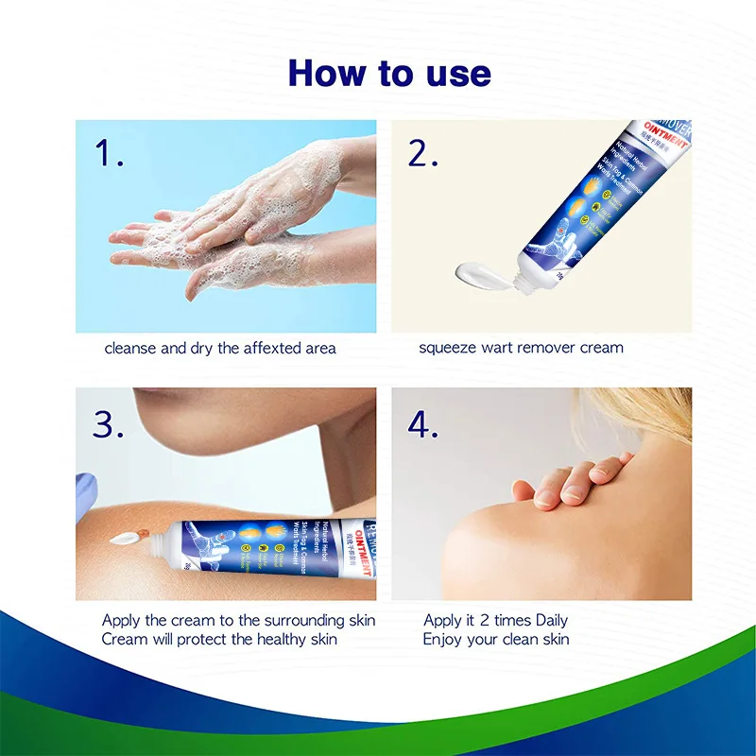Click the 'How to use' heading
click(388, 73)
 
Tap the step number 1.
click(110, 153)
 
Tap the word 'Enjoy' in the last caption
click(442, 640)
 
